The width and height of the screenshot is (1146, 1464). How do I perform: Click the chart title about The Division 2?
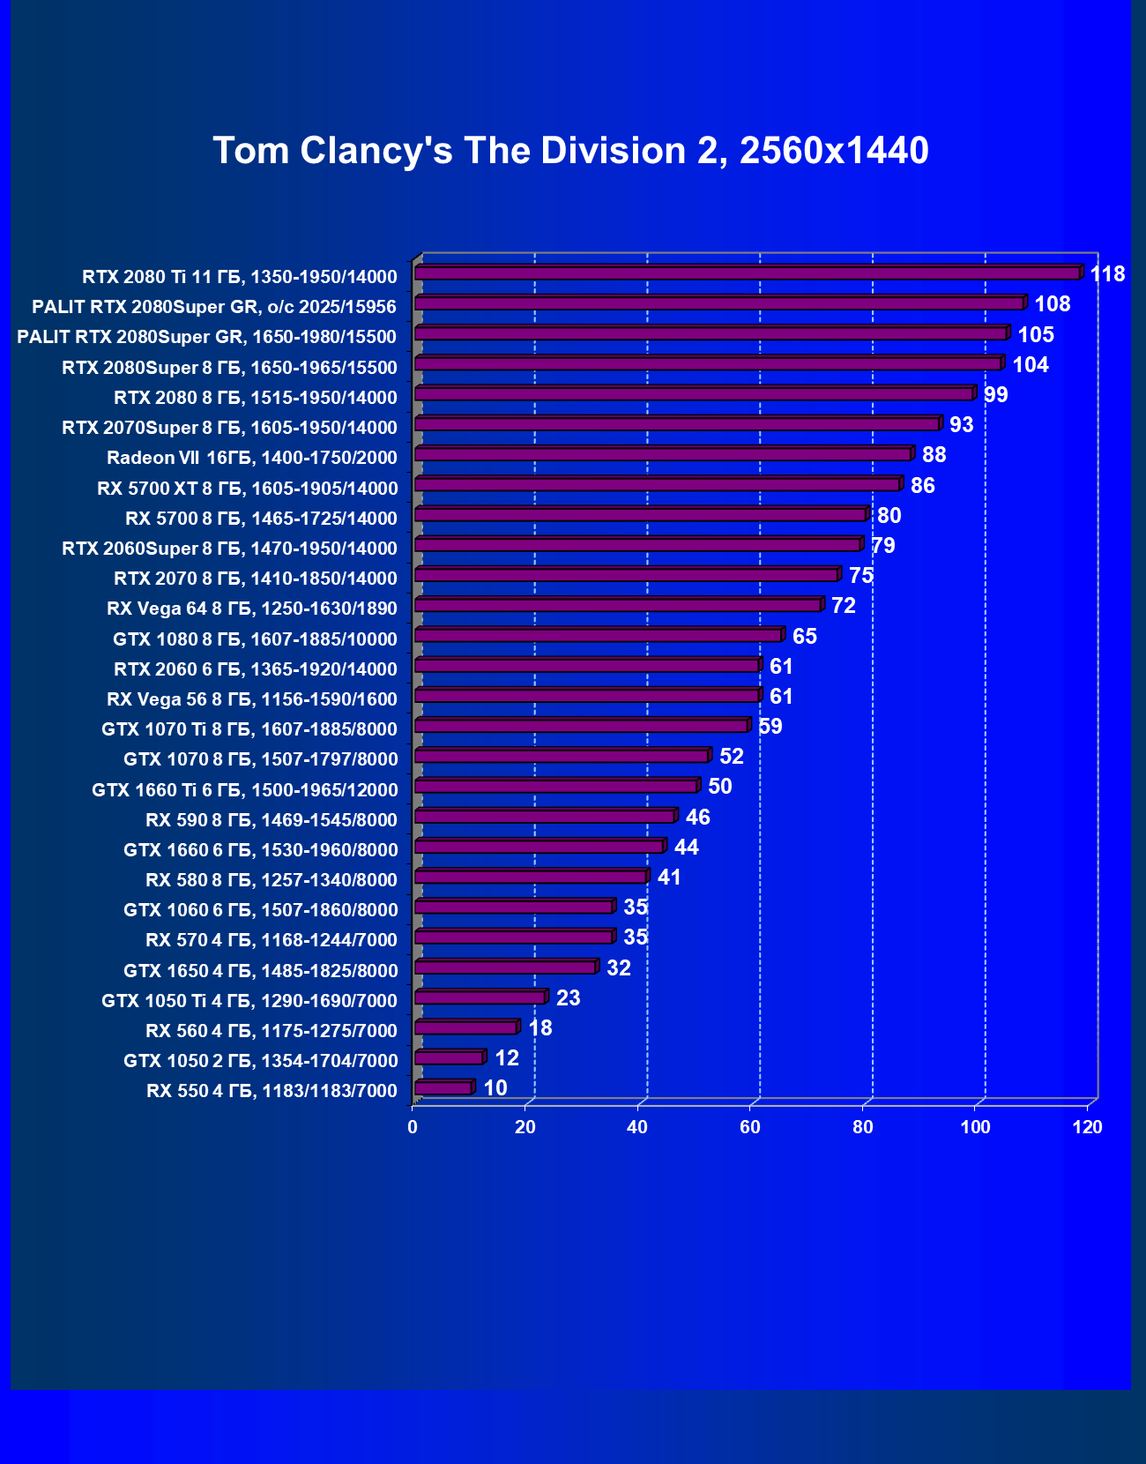point(570,151)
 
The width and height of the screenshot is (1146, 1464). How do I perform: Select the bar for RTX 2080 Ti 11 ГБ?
point(748,273)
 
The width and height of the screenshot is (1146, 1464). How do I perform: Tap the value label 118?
point(1107,274)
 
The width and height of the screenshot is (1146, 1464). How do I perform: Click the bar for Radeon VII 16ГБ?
point(663,454)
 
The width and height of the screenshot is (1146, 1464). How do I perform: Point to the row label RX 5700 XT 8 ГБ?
point(247,489)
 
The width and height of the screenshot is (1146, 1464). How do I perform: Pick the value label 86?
point(922,486)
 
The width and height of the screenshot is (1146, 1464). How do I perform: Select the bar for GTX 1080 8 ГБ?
point(598,636)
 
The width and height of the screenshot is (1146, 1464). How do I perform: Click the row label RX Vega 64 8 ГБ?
point(252,609)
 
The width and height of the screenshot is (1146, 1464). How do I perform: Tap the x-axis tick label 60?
point(750,1127)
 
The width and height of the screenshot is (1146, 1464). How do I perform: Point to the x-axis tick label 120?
point(1088,1127)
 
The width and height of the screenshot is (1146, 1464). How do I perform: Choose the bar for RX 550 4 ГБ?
point(443,1088)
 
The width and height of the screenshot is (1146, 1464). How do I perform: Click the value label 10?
point(495,1088)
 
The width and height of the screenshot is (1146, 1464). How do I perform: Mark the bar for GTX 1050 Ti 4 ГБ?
point(480,997)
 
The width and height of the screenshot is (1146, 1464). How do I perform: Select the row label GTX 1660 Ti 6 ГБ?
point(244,790)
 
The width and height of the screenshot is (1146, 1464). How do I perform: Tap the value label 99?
point(995,395)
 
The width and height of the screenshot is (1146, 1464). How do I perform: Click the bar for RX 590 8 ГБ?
point(545,817)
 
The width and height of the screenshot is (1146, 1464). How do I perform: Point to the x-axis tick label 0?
point(413,1127)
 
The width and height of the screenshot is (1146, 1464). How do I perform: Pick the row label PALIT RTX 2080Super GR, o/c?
point(214,307)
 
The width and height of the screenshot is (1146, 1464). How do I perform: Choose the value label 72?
point(844,606)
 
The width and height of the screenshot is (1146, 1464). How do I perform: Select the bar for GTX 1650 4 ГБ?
point(505,967)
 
